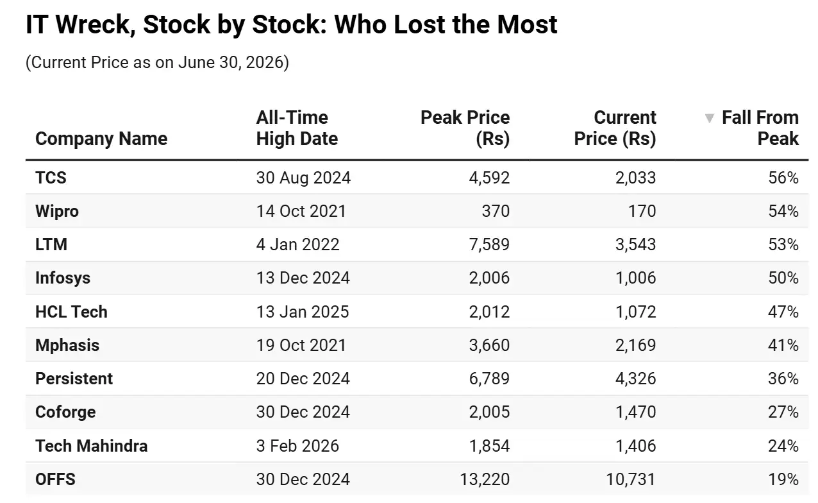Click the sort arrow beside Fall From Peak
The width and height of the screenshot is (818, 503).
tap(709, 119)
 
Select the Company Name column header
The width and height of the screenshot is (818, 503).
tap(101, 139)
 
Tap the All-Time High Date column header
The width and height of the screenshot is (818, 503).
tap(297, 128)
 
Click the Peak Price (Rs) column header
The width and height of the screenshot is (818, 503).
tap(465, 128)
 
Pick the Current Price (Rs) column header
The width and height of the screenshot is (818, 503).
tap(615, 128)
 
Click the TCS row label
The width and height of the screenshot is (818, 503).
tap(51, 178)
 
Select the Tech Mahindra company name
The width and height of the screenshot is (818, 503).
tap(91, 446)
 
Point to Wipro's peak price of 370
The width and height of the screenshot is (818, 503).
tap(496, 211)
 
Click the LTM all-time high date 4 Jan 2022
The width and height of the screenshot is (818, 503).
tap(297, 244)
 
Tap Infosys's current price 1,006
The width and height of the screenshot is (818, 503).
tap(635, 278)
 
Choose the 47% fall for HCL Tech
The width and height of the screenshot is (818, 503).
tap(783, 312)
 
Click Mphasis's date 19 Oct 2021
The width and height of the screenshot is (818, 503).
tap(301, 345)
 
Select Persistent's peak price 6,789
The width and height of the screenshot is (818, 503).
tap(489, 379)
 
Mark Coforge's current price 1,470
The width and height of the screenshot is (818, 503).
tap(635, 412)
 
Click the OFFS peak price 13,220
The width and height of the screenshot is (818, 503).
tap(485, 479)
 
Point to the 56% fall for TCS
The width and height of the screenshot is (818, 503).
tap(783, 178)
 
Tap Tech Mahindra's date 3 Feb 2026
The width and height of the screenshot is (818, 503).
tap(297, 446)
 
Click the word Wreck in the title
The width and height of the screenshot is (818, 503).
tap(96, 25)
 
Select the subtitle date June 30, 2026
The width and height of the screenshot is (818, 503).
tap(231, 62)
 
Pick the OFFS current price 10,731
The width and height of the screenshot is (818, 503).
tap(631, 479)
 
